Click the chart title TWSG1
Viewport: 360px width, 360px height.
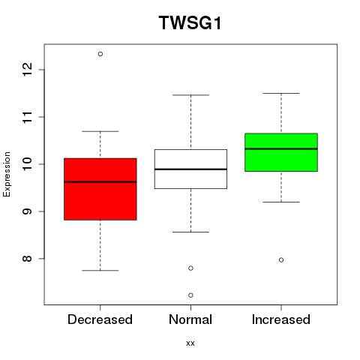pyautogui.click(x=190, y=22)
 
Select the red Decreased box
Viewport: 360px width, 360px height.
pyautogui.click(x=100, y=189)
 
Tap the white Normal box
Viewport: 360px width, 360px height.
pyautogui.click(x=190, y=169)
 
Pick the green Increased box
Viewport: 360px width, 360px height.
pyautogui.click(x=281, y=152)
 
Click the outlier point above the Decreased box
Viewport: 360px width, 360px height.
pyautogui.click(x=100, y=54)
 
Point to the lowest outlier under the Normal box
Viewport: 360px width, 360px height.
pyautogui.click(x=190, y=295)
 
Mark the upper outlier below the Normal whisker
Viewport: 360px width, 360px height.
pyautogui.click(x=190, y=268)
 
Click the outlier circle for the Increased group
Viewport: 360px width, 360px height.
pyautogui.click(x=281, y=260)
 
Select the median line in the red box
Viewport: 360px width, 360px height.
pyautogui.click(x=100, y=181)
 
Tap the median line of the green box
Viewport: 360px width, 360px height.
pyautogui.click(x=281, y=148)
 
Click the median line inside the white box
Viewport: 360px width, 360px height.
pyautogui.click(x=190, y=169)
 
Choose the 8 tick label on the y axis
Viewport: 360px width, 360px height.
pyautogui.click(x=28, y=259)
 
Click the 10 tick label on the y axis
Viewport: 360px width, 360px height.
pyautogui.click(x=28, y=164)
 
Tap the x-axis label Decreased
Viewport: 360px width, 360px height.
pyautogui.click(x=100, y=319)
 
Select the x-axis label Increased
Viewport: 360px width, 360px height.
pyautogui.click(x=281, y=319)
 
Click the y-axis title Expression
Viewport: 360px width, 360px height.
pyautogui.click(x=7, y=174)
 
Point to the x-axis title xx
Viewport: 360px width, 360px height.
pyautogui.click(x=190, y=343)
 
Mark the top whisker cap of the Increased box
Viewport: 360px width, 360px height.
pyautogui.click(x=281, y=93)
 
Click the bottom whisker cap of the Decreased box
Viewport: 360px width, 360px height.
pyautogui.click(x=100, y=271)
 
